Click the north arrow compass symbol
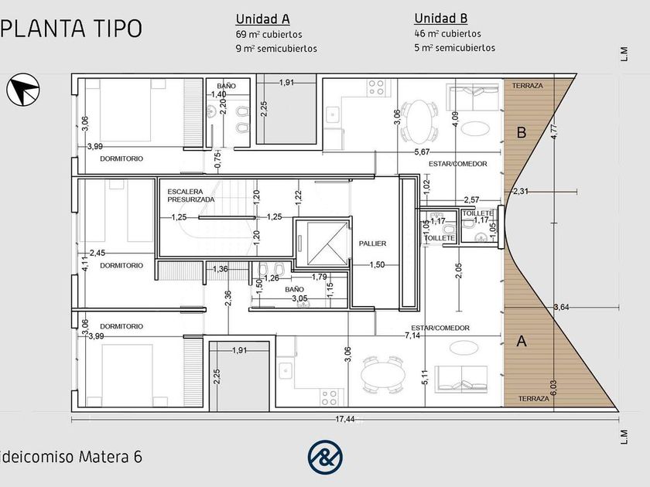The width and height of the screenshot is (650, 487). tap(22, 90)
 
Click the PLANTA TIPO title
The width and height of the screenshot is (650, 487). tap(71, 28)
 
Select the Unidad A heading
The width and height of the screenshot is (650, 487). tap(262, 19)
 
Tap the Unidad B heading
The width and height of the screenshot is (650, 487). tap(440, 19)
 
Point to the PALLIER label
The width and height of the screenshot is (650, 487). tap(372, 243)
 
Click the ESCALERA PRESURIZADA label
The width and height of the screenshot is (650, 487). tap(191, 196)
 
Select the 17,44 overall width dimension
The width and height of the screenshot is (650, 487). tap(344, 419)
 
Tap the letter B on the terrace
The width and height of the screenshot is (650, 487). tap(522, 132)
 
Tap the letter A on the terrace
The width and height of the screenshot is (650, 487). tap(522, 341)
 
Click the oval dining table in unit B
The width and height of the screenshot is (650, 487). tap(419, 121)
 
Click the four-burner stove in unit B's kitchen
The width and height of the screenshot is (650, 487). tap(379, 87)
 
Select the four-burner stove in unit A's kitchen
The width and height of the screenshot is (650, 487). tap(332, 397)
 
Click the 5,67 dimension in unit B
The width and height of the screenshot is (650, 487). tap(422, 152)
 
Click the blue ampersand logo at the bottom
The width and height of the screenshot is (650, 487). tap(325, 457)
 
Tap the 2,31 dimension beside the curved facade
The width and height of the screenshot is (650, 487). tap(521, 192)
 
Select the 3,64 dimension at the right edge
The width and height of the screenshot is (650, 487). tap(561, 308)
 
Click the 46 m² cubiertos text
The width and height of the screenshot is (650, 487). tap(447, 33)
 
